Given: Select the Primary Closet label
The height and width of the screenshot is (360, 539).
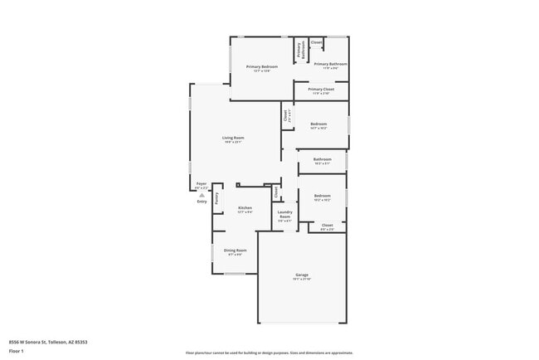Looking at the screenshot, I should (321, 89).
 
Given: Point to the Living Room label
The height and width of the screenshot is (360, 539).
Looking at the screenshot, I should (233, 138).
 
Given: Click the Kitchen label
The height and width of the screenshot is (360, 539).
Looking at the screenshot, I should (245, 207).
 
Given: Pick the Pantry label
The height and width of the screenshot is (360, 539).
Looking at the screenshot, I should (216, 198).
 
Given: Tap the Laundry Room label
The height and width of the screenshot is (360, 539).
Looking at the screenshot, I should (284, 215).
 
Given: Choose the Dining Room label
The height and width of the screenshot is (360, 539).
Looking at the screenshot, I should (235, 250).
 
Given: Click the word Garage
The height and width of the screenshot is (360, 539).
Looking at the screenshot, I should (302, 275).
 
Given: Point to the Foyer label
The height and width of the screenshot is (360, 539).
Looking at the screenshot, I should (201, 184).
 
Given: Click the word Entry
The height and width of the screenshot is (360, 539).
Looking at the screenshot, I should (202, 202).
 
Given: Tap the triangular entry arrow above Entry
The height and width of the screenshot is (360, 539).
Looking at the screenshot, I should (202, 195).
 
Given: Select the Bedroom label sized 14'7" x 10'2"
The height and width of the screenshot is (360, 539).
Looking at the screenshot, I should (319, 124).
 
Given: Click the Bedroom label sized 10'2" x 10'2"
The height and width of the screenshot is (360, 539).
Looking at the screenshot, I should (322, 196).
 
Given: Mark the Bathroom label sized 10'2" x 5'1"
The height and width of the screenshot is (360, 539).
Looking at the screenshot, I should (322, 159).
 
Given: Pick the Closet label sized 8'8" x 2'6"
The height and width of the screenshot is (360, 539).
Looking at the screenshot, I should (327, 225).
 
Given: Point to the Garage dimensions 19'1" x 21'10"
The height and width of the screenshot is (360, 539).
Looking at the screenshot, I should (302, 280).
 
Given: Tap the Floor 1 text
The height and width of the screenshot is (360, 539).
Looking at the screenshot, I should (17, 351).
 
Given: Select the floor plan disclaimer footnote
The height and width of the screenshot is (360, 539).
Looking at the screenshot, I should (270, 352).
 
